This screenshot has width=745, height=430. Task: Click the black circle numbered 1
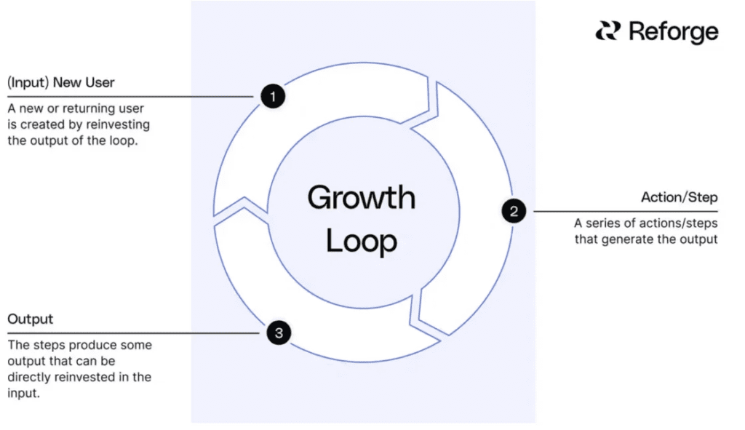(273, 96)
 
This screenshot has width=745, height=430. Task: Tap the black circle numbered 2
(514, 211)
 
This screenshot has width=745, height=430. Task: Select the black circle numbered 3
(279, 333)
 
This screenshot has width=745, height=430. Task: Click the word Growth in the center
(361, 198)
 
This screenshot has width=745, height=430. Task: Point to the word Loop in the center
(361, 242)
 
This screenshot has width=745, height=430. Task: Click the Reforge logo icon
(608, 31)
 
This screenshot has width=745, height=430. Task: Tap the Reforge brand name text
(673, 32)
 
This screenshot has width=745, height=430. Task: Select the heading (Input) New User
(61, 82)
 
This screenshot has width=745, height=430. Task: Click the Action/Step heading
(679, 197)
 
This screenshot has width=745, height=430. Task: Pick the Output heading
(30, 319)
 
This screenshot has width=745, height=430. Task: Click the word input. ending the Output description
(23, 394)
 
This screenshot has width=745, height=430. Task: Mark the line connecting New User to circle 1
(130, 97)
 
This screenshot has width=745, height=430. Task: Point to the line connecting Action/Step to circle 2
(626, 211)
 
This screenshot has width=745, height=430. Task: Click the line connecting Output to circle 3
(133, 333)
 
